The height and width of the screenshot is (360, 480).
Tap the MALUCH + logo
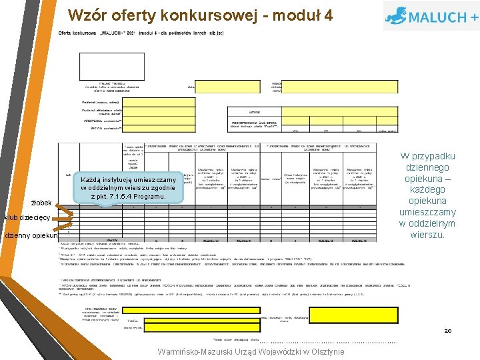tap(430, 15)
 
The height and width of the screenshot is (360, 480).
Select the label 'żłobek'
tap(42, 203)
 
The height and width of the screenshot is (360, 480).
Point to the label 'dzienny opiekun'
tap(31, 236)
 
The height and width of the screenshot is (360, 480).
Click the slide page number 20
tap(447, 331)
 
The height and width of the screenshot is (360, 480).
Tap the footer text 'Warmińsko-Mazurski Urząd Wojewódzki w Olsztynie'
tap(251, 351)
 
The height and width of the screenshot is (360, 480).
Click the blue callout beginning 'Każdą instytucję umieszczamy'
tap(128, 188)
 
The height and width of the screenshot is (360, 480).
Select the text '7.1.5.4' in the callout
tap(121, 197)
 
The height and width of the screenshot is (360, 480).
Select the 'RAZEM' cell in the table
tap(111, 239)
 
